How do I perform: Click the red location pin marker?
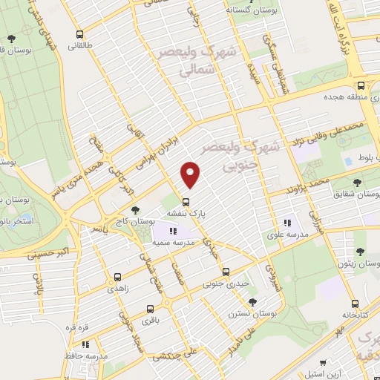tap(191, 174)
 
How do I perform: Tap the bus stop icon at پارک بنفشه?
tap(186, 200)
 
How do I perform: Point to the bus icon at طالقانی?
tap(79, 34)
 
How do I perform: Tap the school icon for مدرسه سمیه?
tap(174, 232)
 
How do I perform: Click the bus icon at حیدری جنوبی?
tap(226, 272)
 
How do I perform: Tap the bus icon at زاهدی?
tap(117, 278)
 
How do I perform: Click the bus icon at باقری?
tap(151, 309)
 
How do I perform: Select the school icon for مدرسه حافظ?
tap(85, 344)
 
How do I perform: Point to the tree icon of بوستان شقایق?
tap(358, 183)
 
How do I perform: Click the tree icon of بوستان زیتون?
tap(360, 252)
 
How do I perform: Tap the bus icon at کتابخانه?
tap(356, 304)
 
